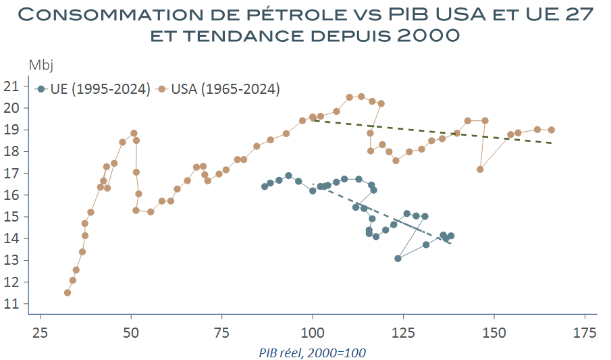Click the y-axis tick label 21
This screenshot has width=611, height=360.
(12, 86)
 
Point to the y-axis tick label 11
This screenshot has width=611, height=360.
(12, 304)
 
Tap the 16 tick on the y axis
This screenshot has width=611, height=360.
(12, 195)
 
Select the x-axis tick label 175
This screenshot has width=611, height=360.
(585, 332)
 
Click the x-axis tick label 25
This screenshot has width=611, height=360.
(41, 332)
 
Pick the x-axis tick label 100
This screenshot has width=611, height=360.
(313, 332)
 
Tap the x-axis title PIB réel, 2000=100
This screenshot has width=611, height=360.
(313, 353)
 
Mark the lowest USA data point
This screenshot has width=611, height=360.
(68, 292)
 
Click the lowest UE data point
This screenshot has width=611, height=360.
(398, 258)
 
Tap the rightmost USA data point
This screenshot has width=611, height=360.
(552, 130)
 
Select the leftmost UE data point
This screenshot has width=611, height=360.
(265, 186)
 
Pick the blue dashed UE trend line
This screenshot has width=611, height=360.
(378, 211)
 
